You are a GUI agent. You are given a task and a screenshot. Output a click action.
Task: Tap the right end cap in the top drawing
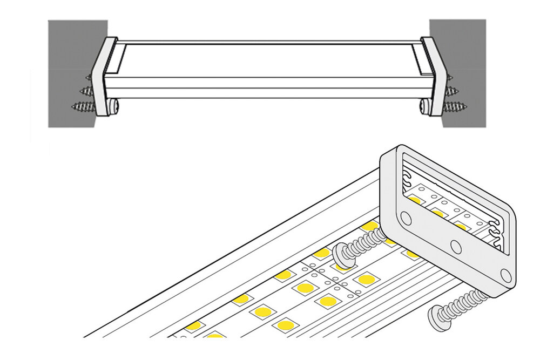(435, 76)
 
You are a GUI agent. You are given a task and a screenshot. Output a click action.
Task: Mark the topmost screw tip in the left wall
(89, 79)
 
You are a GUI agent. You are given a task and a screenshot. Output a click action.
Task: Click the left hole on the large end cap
(406, 218)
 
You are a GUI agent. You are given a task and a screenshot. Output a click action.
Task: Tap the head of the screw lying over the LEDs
(342, 254)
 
